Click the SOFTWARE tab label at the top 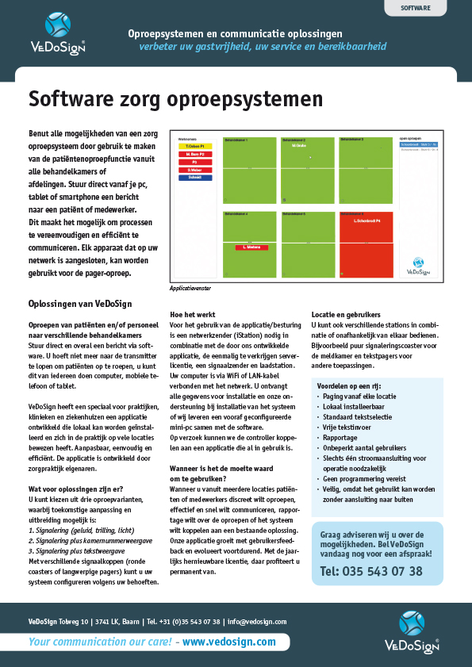coord(416,8)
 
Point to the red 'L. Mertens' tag coord(249,247)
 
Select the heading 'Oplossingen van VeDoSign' coord(80,304)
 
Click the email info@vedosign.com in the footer coord(256,622)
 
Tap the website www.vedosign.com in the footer coord(229,642)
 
